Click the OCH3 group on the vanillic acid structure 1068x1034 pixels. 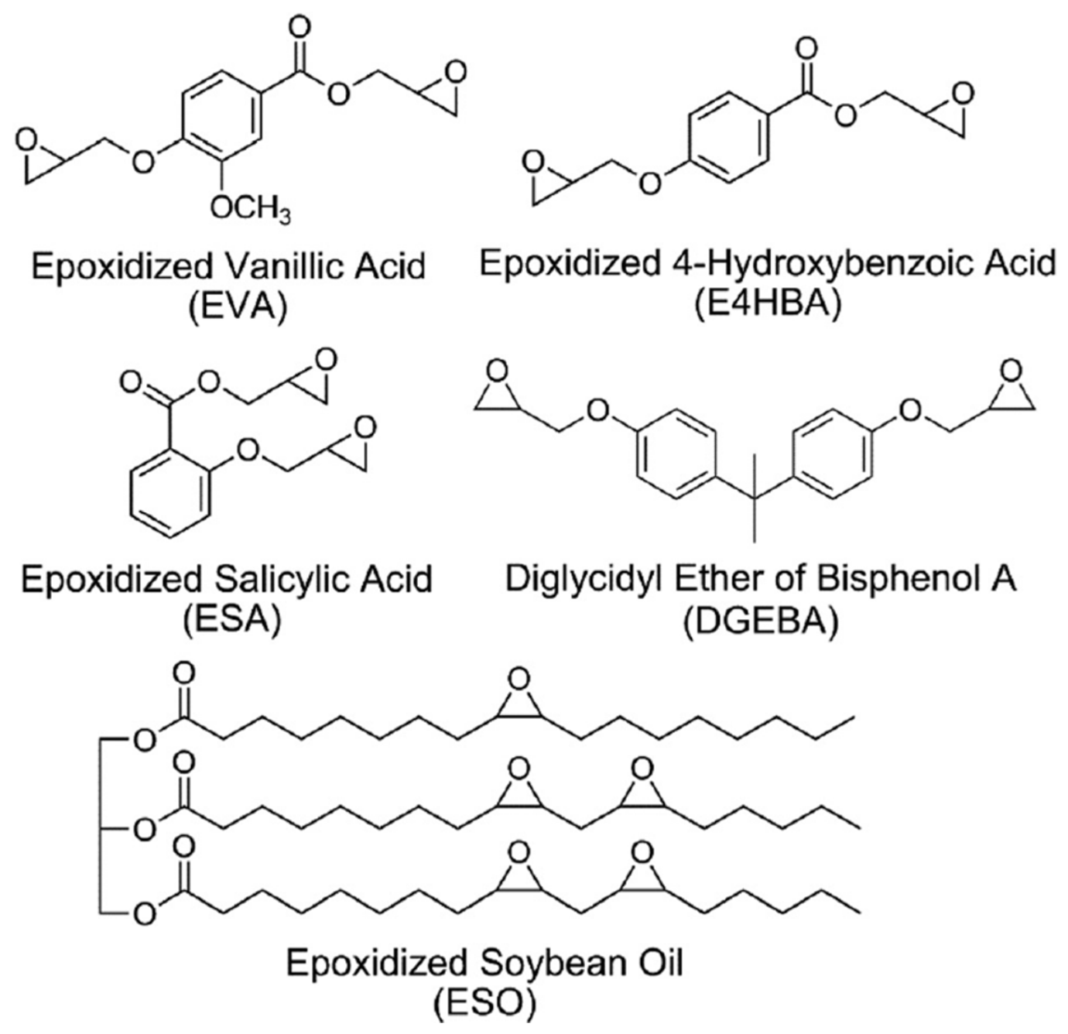250,209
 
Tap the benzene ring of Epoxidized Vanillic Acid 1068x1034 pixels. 221,115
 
